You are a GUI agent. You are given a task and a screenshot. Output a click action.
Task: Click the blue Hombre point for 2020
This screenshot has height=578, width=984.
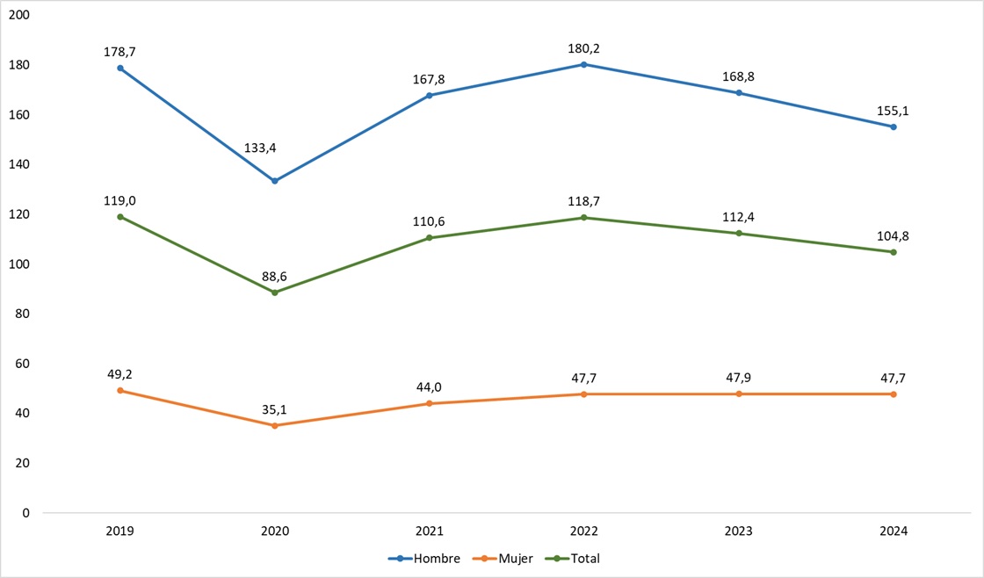point(275,181)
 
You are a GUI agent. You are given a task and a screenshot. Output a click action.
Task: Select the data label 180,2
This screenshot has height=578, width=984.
point(584,48)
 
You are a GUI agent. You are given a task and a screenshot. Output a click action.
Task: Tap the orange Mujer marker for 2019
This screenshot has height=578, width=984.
point(120,391)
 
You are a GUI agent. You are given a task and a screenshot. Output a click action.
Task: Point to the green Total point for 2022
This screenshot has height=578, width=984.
point(584,218)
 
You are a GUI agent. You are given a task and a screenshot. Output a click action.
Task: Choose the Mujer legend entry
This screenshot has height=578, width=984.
point(507,559)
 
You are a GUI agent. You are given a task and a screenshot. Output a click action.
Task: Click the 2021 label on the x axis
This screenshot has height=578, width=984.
point(430,531)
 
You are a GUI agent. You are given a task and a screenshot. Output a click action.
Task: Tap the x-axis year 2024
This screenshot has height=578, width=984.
point(894,531)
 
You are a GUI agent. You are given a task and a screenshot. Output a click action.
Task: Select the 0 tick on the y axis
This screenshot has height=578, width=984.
point(25,512)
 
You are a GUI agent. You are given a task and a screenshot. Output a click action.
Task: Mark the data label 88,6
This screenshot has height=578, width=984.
point(275,276)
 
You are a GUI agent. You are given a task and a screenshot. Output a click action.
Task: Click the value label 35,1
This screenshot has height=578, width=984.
point(275,408)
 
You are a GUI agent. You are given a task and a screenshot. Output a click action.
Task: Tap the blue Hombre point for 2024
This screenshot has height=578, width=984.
point(894,126)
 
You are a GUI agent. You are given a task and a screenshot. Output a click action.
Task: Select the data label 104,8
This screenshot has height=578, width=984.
point(894,235)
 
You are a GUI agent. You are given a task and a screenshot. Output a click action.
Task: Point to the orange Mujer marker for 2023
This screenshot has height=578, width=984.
point(739,394)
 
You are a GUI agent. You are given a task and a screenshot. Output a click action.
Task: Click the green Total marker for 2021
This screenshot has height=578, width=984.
point(430,238)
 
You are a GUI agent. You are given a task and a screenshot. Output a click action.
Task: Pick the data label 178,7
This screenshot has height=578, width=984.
point(120,52)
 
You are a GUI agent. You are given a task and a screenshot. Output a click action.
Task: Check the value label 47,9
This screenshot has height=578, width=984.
point(739,377)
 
